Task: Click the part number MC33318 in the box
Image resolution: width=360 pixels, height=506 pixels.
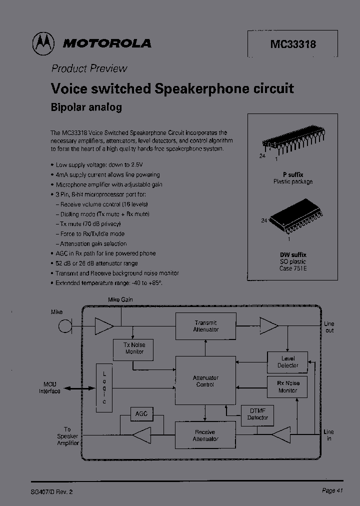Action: pyautogui.click(x=293, y=44)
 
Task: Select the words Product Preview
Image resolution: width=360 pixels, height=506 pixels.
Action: pyautogui.click(x=89, y=68)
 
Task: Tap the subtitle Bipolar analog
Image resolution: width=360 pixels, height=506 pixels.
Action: pyautogui.click(x=86, y=107)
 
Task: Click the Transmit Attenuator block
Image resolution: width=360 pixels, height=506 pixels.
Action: pyautogui.click(x=205, y=326)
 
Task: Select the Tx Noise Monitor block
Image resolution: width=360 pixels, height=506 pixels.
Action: pyautogui.click(x=134, y=348)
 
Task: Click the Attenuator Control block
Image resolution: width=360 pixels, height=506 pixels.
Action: pyautogui.click(x=205, y=381)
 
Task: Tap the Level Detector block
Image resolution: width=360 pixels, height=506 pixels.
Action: pyautogui.click(x=287, y=362)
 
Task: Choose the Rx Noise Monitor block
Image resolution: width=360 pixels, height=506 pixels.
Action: pyautogui.click(x=287, y=387)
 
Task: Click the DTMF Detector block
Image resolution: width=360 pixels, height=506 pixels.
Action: pyautogui.click(x=258, y=414)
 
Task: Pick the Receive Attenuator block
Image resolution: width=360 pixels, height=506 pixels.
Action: pyautogui.click(x=205, y=435)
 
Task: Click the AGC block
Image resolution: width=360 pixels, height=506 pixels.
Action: pyautogui.click(x=141, y=414)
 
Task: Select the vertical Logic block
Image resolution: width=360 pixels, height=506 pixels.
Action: pyautogui.click(x=104, y=388)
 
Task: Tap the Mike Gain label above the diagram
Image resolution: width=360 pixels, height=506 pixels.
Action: pyautogui.click(x=120, y=300)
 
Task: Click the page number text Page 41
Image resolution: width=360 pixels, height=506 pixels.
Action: pyautogui.click(x=332, y=491)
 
